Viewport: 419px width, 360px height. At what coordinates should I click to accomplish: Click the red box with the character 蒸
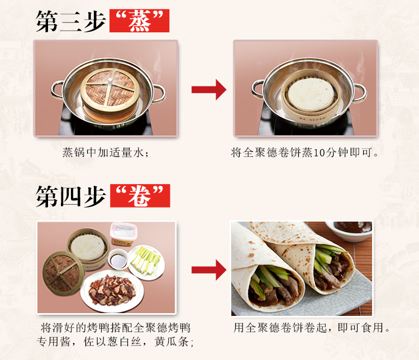(139, 21)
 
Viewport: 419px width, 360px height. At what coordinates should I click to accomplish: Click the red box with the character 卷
(140, 195)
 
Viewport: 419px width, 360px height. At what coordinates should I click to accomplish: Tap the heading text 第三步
(71, 21)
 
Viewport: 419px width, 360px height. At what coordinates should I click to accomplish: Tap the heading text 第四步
(71, 196)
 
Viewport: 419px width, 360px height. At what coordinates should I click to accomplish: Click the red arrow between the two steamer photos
(209, 90)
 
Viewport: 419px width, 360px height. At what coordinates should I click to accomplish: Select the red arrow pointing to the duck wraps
(209, 270)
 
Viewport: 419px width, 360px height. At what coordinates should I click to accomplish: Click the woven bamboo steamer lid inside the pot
(110, 87)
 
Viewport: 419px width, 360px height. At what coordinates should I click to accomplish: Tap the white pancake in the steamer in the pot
(311, 94)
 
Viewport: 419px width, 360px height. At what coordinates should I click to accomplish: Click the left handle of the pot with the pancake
(257, 89)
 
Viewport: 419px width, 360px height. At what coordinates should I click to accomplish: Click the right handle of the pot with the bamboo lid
(159, 93)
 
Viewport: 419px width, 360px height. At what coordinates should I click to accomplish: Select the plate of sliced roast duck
(112, 291)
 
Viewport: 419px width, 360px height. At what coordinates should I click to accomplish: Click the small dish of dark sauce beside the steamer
(118, 260)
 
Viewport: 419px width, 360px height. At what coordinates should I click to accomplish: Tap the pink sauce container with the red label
(123, 234)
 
